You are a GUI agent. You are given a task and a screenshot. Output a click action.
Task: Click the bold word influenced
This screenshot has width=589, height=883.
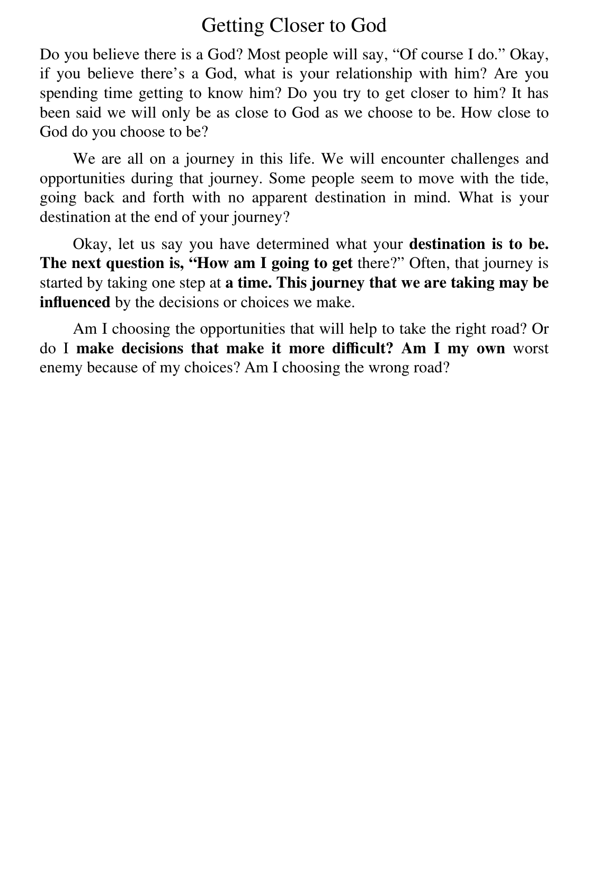(75, 302)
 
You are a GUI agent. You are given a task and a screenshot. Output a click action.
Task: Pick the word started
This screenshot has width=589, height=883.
(61, 283)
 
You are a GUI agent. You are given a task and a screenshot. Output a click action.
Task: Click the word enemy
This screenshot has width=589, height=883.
(61, 368)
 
